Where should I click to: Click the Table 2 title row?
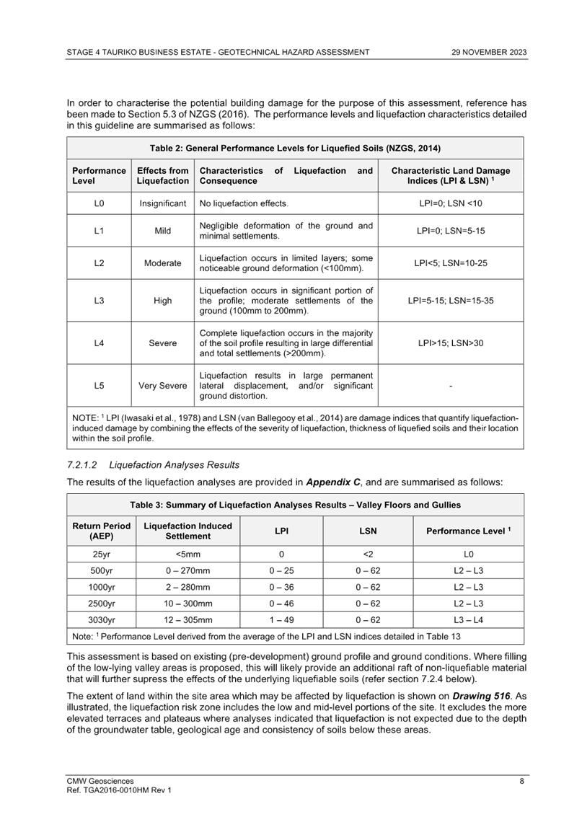[295, 148]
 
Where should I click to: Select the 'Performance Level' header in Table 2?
[99, 175]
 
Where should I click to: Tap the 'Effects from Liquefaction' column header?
[163, 175]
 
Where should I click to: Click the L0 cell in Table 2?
[99, 204]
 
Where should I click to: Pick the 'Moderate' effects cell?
[163, 264]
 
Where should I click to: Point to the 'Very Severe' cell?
[163, 386]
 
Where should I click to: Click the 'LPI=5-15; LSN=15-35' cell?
[451, 301]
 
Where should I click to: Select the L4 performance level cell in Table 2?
[99, 343]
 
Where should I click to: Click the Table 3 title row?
[295, 505]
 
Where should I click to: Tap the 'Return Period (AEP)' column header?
[101, 531]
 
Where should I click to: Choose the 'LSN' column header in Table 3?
[368, 531]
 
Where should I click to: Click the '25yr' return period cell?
[101, 554]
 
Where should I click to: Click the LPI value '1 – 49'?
[281, 619]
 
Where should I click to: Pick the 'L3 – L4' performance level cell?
[468, 619]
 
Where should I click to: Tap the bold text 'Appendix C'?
[335, 482]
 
